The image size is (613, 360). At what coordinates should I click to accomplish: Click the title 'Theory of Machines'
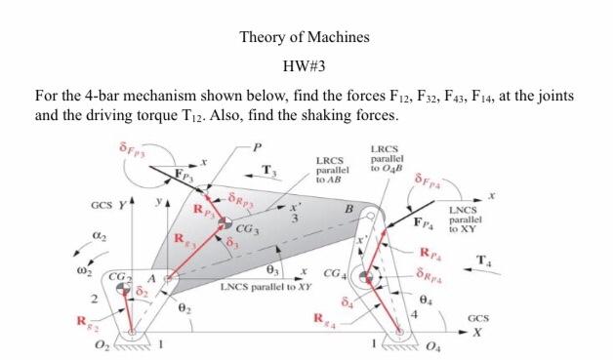306,38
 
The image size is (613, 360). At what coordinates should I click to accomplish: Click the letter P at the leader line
257,147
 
